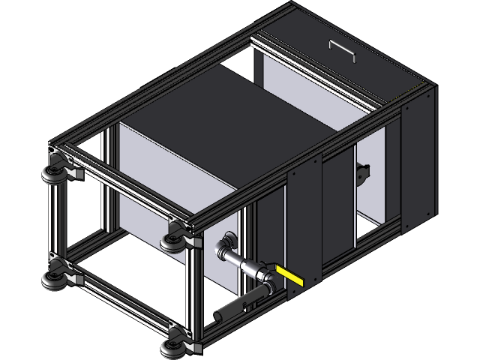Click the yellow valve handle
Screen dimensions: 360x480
290,275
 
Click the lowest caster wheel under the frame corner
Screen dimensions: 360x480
172,346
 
